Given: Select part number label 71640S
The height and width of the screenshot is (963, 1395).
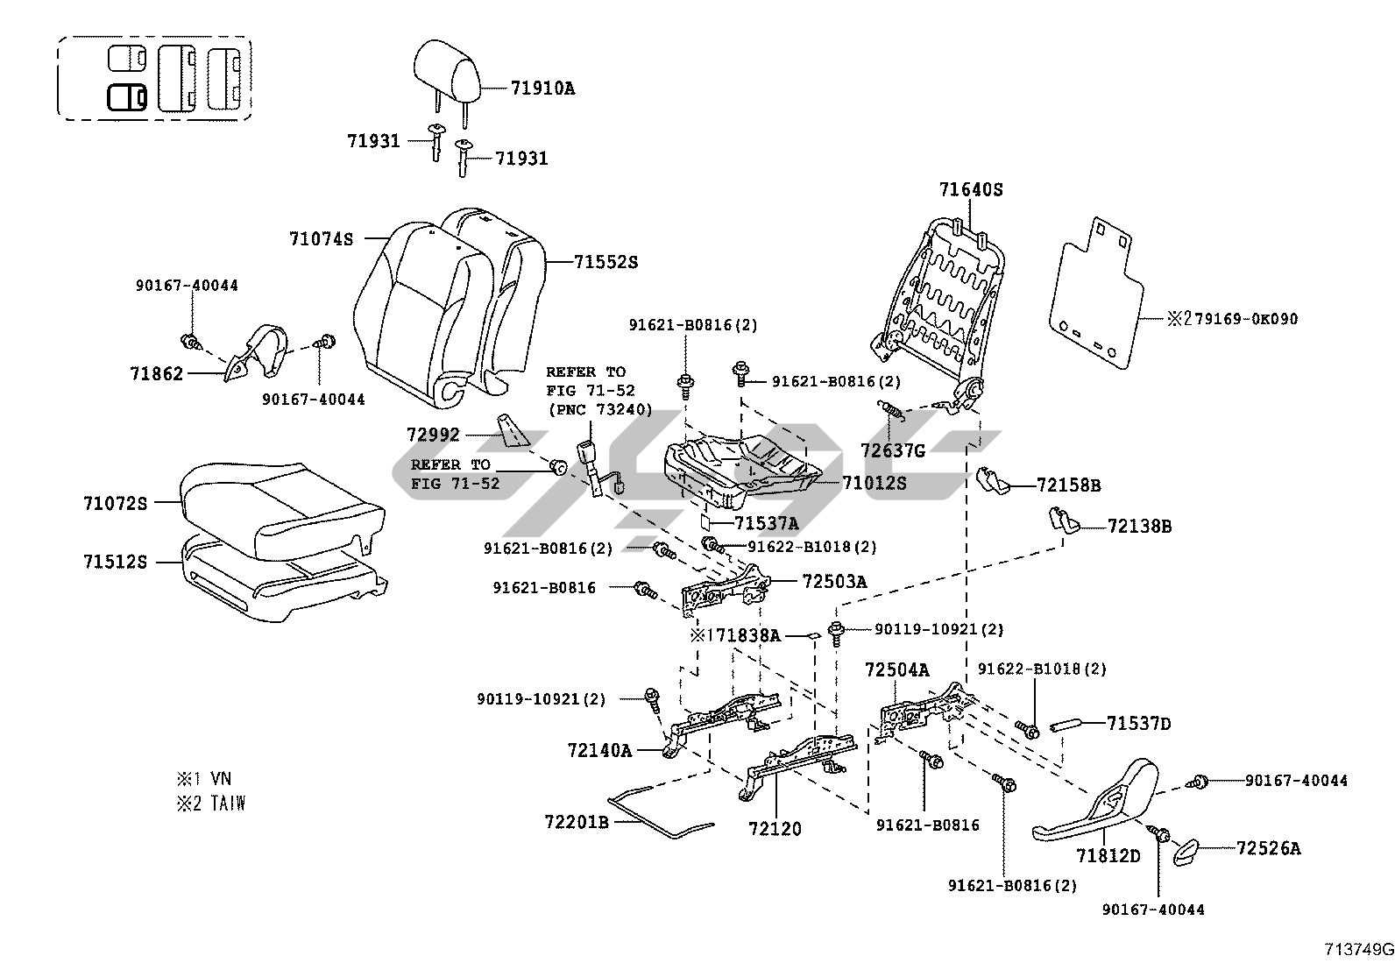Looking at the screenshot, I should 970,189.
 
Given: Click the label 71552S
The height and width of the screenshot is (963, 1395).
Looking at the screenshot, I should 605,262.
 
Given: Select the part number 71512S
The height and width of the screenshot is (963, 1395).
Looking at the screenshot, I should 116,562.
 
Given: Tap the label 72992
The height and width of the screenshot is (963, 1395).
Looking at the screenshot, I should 433,435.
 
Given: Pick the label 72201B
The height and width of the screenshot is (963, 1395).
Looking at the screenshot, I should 576,822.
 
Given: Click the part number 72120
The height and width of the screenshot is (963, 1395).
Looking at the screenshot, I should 775,828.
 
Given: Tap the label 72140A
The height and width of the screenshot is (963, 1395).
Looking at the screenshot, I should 599,750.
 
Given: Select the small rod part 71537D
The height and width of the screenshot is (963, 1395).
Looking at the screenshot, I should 1064,725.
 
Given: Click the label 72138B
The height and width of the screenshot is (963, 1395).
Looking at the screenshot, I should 1139,527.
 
